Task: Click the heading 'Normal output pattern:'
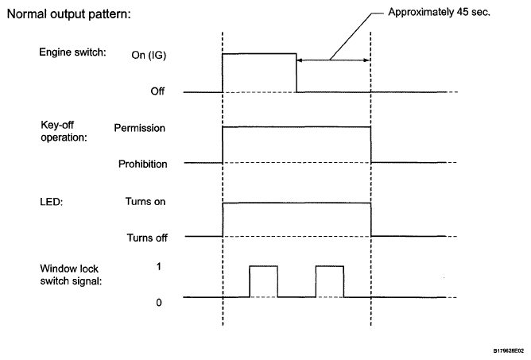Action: coord(63,15)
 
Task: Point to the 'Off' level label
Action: coord(158,92)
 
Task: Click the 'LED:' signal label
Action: coord(49,201)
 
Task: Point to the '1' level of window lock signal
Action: coord(160,267)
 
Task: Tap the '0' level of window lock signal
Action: coord(160,303)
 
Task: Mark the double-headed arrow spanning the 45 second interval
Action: coord(334,60)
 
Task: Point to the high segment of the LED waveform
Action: coord(297,203)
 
